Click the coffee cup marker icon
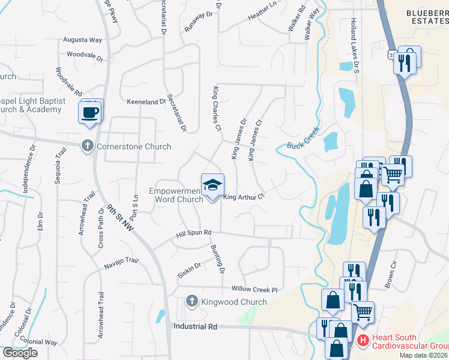[90, 113]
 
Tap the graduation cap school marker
[212, 185]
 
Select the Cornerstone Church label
[133, 146]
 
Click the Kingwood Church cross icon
[191, 301]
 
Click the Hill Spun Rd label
[194, 233]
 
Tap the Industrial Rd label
[194, 327]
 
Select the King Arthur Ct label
[244, 196]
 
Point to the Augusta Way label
[83, 40]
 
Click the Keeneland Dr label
[146, 102]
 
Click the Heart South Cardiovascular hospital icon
[363, 341]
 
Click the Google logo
[20, 353]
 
